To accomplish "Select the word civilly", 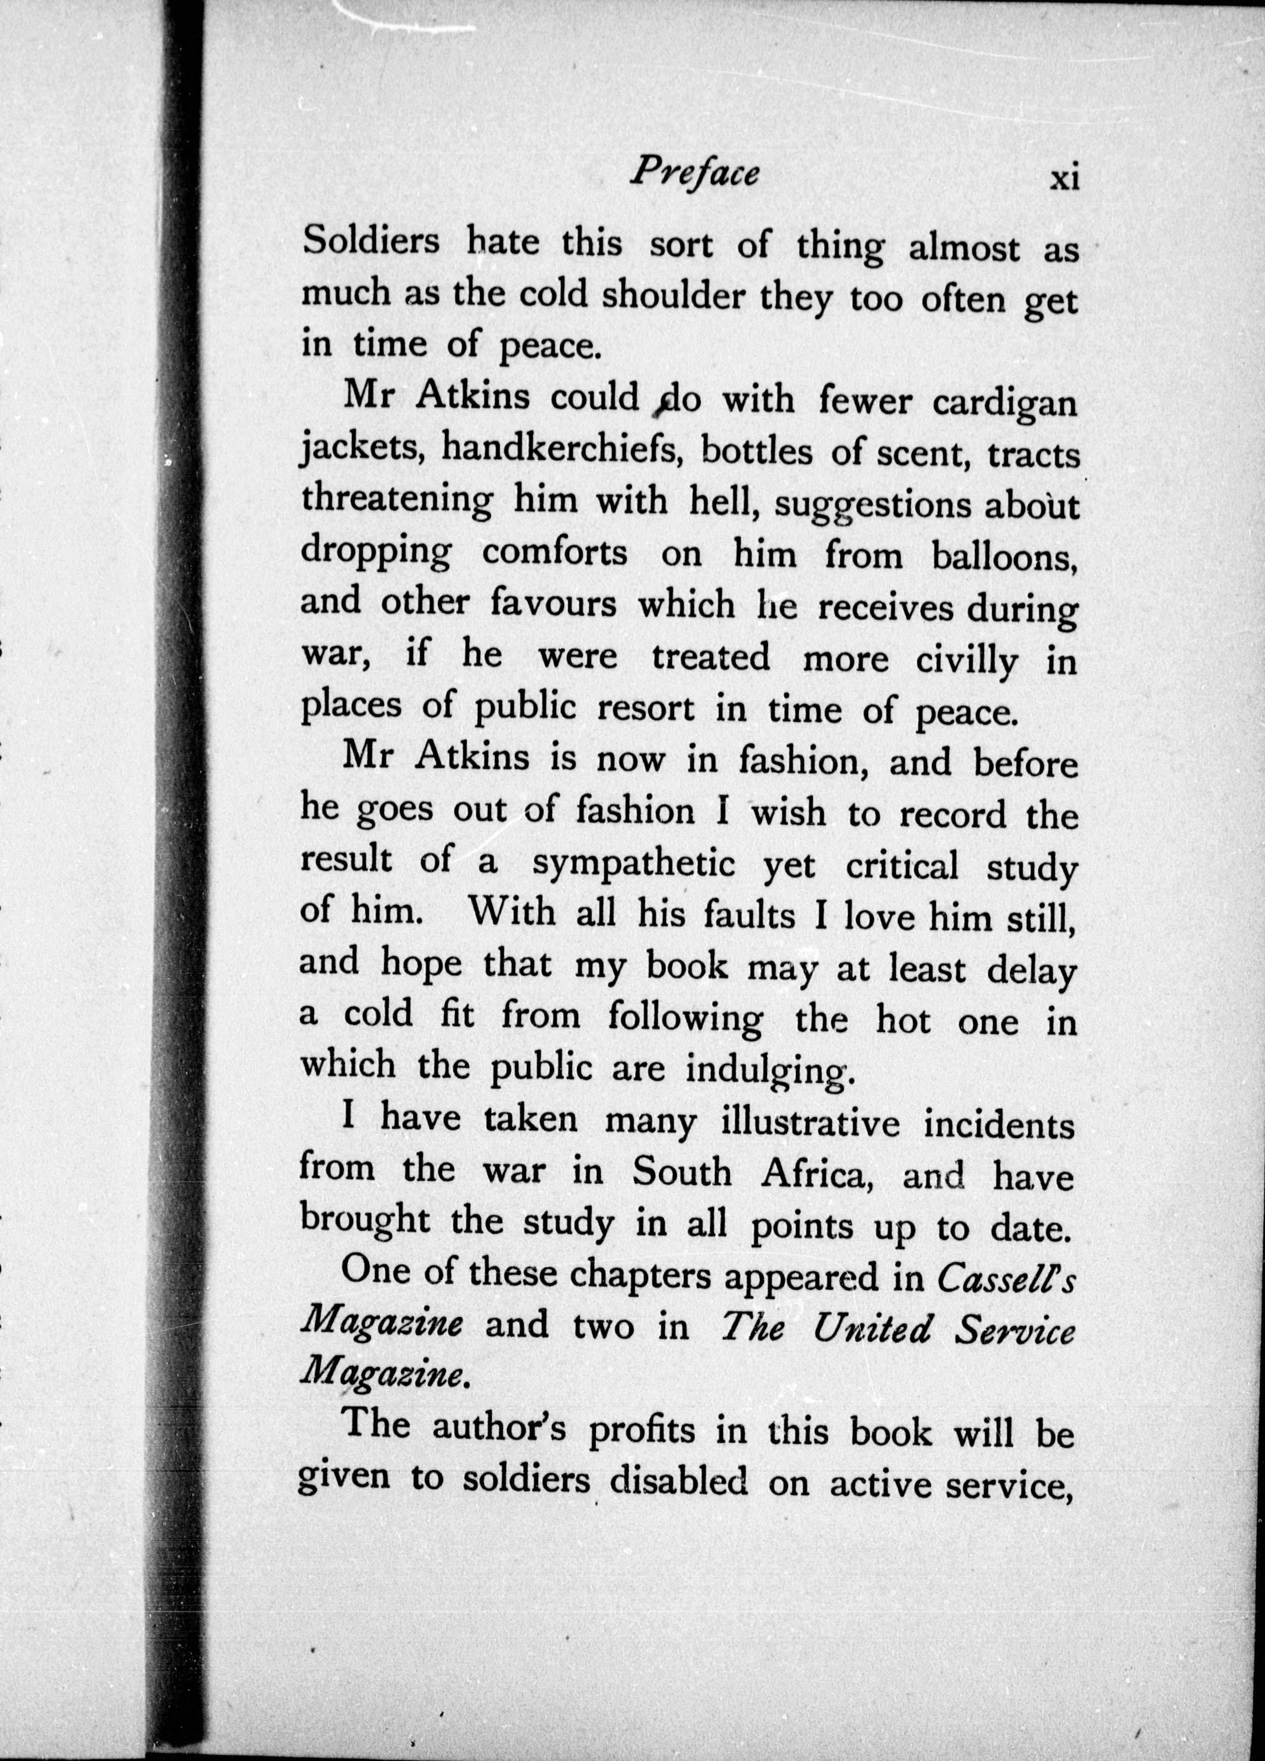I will [966, 661].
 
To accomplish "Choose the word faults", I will [749, 916].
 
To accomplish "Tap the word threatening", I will [396, 503].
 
